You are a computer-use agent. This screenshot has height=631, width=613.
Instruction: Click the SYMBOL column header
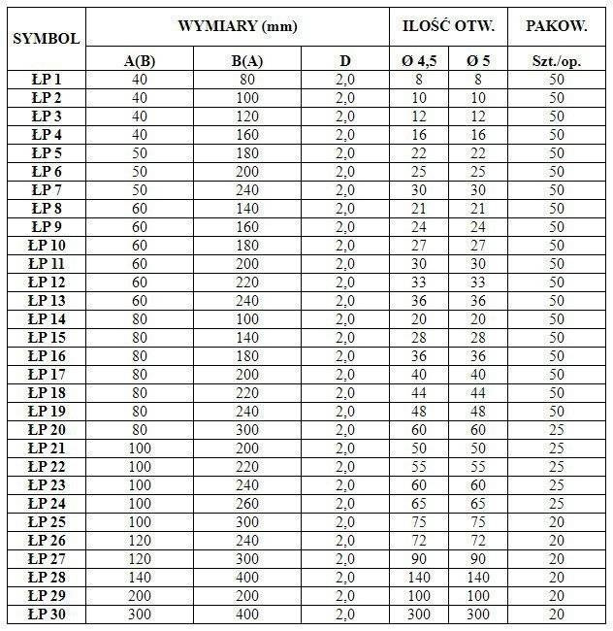(44, 39)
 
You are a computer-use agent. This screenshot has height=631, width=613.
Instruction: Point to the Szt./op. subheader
(556, 61)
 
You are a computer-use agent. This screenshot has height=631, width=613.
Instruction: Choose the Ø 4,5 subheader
(419, 61)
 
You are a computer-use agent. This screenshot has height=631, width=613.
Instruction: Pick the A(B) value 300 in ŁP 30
(141, 614)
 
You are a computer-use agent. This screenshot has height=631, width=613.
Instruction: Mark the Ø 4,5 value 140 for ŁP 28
(419, 578)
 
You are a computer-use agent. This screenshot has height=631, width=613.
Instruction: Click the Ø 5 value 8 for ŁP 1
(478, 80)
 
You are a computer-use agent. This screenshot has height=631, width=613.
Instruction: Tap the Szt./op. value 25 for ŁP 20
(556, 430)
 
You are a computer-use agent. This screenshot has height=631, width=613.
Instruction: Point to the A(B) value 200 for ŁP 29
(141, 596)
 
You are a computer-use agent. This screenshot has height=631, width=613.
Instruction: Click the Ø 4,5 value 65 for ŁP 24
(419, 504)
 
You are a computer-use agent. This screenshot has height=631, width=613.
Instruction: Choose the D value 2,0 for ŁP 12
(345, 282)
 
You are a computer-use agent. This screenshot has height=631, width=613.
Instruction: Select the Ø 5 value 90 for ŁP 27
(478, 559)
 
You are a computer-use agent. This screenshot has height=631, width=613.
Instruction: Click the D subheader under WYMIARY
(345, 61)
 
